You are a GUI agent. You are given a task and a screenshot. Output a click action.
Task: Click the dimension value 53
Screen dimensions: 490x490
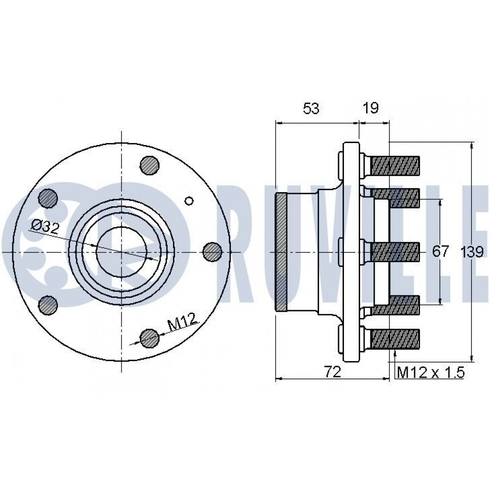tap(311, 108)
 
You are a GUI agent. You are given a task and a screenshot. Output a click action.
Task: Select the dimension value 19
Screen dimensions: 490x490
tap(371, 108)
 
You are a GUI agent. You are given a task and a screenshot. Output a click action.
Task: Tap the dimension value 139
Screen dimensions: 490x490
tap(472, 251)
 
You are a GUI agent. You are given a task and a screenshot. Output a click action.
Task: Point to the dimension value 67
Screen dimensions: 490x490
tap(441, 251)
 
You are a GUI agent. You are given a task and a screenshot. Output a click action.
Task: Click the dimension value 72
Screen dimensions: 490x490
tap(332, 372)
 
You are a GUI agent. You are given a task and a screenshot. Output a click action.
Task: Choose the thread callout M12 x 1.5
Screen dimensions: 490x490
tap(431, 372)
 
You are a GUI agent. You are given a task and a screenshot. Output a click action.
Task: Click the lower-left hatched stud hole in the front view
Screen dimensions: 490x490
tap(48, 305)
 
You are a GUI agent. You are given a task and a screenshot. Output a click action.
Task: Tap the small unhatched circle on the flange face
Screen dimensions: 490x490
tap(189, 200)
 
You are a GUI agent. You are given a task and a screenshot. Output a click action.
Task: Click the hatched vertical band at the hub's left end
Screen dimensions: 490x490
tap(281, 252)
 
